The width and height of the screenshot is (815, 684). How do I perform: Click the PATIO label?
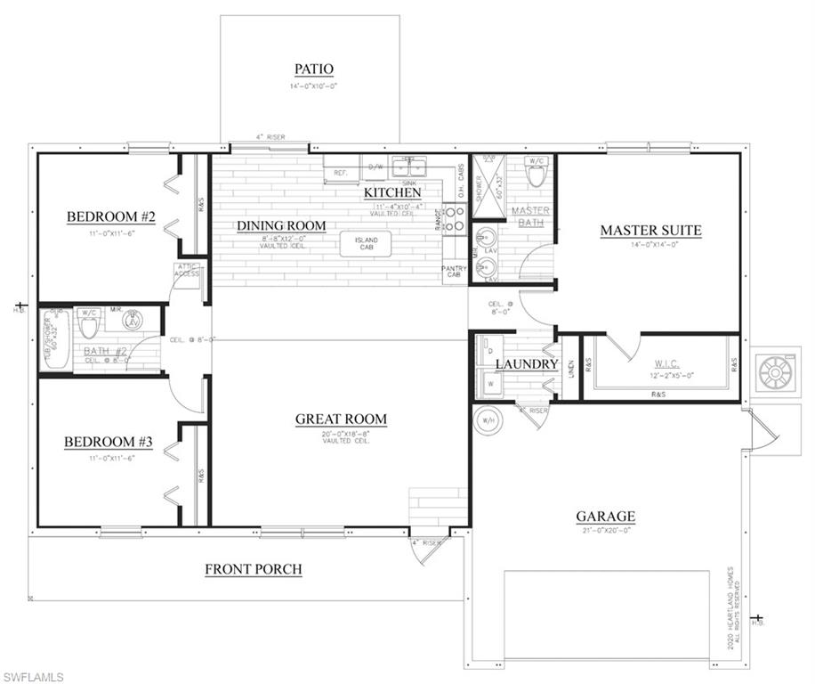coord(313,69)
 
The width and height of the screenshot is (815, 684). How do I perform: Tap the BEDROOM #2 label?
coord(111,216)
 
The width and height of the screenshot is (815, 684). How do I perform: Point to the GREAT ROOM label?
coord(341,419)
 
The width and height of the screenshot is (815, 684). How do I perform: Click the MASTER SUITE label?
coord(650,230)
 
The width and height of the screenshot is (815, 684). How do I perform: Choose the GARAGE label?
coord(605,516)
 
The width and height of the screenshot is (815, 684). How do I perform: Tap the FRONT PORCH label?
coord(253,569)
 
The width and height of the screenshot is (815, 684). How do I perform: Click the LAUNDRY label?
coord(526,364)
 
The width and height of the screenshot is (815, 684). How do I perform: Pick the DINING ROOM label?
coord(281,225)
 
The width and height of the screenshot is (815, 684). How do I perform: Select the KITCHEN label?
coord(392,192)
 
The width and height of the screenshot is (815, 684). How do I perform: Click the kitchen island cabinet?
coord(366,244)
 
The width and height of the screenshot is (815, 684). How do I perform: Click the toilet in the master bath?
coord(535,174)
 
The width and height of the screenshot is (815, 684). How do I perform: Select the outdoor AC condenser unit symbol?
coord(772,370)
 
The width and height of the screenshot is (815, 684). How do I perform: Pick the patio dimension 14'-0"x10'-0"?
coord(313,86)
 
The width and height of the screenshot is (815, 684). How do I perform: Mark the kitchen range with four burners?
coord(455,218)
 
